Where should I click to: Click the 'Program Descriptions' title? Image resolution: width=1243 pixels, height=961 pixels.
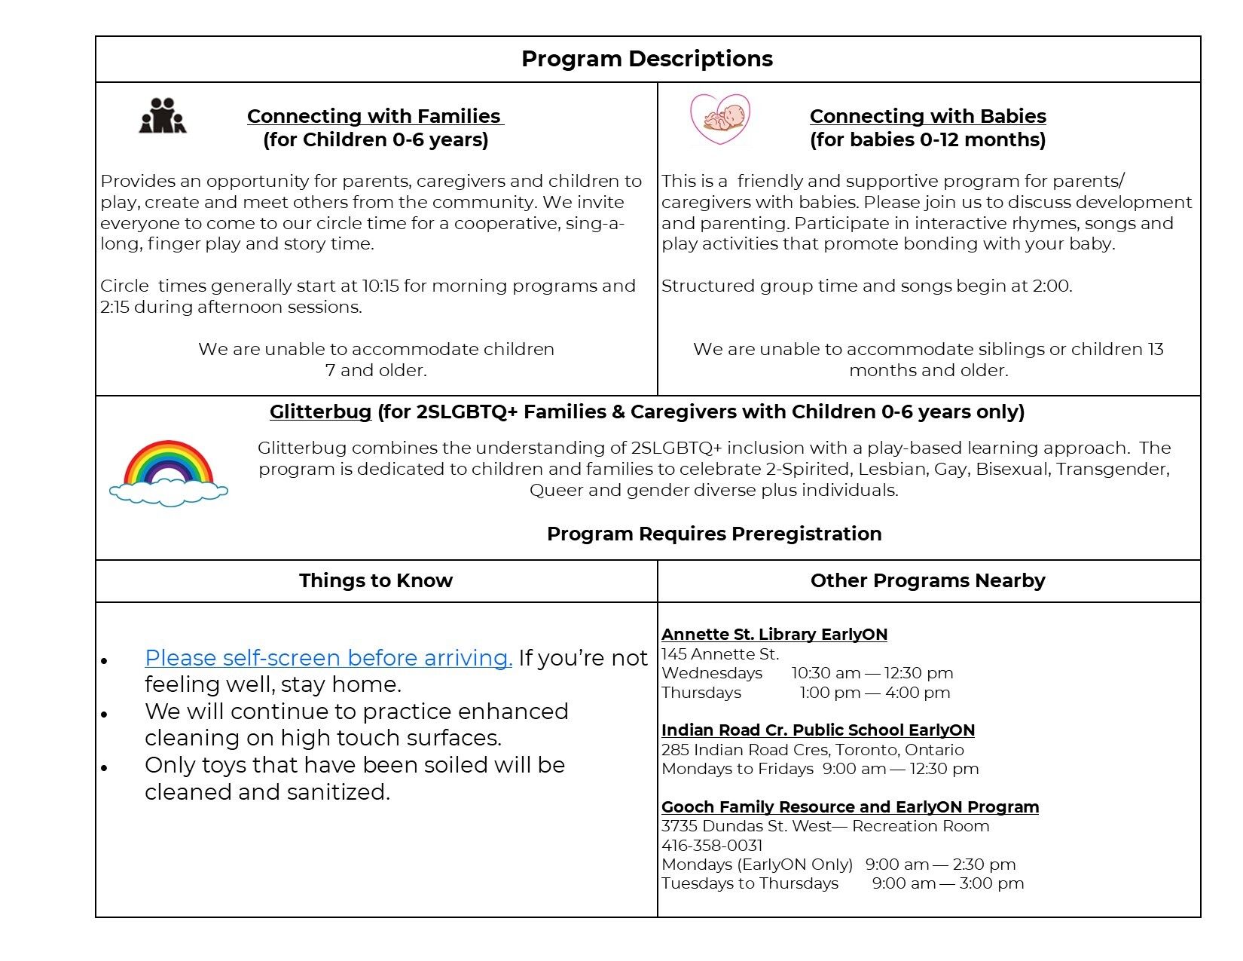(646, 59)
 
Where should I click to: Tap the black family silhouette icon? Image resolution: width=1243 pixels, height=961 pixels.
(162, 116)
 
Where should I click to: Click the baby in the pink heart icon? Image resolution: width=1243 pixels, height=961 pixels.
(720, 118)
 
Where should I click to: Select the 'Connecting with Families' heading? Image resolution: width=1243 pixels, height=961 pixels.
(374, 116)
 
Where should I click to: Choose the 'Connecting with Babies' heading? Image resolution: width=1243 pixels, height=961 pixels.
(927, 116)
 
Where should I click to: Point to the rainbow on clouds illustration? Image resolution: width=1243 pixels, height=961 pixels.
(168, 473)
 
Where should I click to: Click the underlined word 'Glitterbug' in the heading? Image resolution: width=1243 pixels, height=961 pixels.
(320, 412)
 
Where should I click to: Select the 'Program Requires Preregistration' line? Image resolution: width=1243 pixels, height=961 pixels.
(713, 534)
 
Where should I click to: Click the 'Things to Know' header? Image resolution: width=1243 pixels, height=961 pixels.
(375, 580)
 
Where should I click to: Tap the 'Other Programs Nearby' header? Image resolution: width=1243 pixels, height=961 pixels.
(927, 580)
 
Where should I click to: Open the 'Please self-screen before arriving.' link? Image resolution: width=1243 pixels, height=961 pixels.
(328, 658)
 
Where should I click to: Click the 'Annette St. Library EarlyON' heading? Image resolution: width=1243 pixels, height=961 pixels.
(774, 635)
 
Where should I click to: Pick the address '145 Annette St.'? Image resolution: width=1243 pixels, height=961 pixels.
(719, 654)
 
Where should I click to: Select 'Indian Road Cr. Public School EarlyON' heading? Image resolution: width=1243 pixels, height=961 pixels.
(817, 730)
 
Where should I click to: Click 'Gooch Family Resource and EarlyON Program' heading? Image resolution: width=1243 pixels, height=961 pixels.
(850, 807)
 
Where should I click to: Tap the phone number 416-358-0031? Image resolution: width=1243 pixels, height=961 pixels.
(712, 846)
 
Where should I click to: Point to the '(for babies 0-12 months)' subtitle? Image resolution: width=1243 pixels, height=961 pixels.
(927, 139)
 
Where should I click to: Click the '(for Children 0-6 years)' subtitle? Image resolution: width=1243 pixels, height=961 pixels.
(375, 139)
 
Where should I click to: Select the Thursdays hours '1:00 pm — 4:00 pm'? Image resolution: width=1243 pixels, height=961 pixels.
(874, 693)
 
